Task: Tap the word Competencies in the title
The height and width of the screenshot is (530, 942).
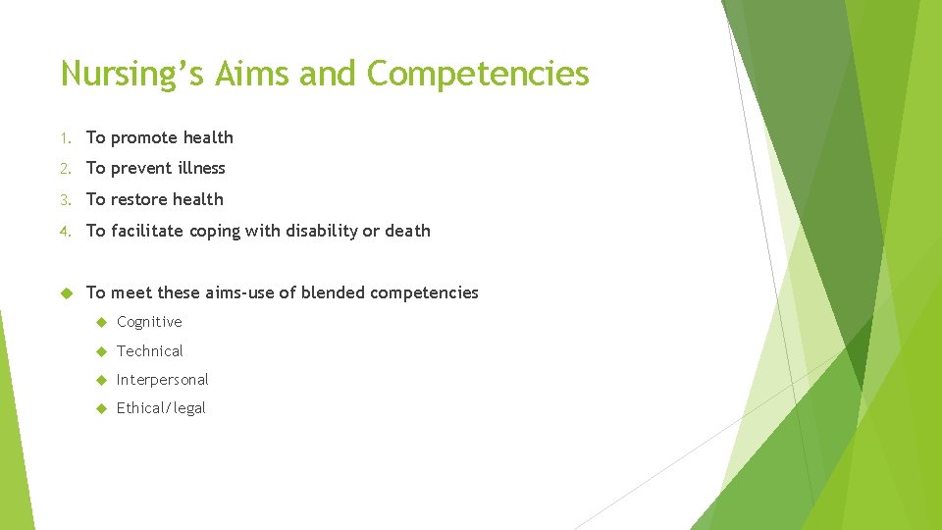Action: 478,74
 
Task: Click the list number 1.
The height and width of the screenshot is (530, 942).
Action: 64,137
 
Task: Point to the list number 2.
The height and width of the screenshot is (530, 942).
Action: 64,169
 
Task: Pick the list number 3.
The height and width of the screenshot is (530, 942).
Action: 64,200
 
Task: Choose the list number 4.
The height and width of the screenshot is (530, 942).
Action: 64,232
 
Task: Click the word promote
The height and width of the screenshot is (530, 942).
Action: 144,137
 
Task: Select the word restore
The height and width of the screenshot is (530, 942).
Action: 139,200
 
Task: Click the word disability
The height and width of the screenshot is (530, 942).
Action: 322,231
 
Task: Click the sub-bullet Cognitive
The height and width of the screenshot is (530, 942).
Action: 149,322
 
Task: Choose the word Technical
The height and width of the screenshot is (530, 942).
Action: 149,350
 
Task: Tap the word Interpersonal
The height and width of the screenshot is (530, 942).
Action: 162,379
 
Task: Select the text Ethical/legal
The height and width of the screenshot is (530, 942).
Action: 161,408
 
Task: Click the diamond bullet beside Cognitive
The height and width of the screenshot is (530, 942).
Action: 101,322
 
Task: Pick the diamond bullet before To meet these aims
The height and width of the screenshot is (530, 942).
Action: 67,292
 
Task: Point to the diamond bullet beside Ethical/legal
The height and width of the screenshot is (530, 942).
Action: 101,408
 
